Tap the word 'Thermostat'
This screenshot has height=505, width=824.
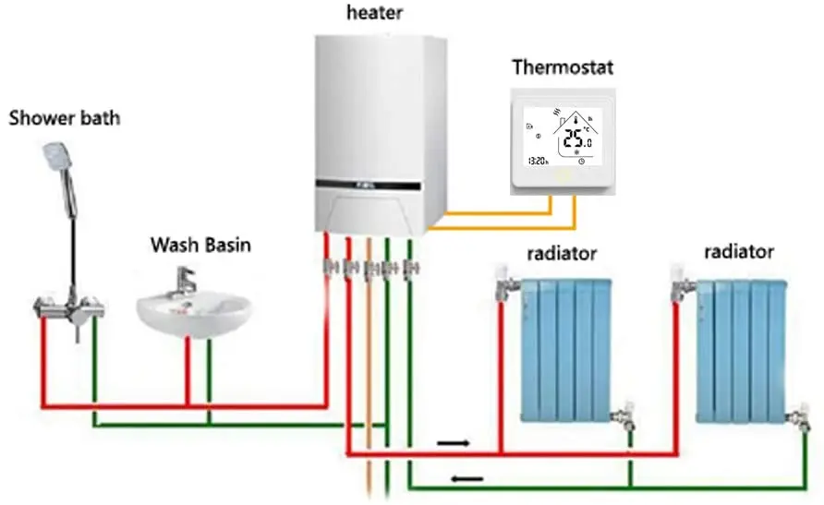[562, 67]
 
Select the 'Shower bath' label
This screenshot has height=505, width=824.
[65, 118]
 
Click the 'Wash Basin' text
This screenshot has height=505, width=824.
[200, 246]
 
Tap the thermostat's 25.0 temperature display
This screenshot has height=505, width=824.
[578, 140]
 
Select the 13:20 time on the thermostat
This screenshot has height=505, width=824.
[537, 161]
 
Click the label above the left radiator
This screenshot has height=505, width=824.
[562, 252]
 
